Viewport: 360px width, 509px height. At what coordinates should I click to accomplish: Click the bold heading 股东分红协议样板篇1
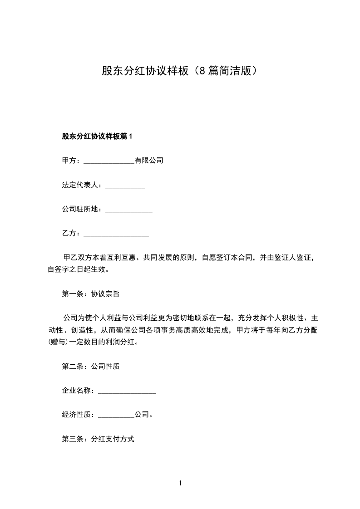97,136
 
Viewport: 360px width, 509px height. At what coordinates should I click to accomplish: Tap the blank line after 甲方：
109,161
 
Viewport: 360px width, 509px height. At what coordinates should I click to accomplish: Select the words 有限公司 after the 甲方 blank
149,161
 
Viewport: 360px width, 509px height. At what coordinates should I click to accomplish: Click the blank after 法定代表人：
125,186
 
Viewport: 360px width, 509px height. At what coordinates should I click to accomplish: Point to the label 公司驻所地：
83,210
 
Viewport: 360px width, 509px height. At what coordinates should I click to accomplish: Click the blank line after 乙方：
117,235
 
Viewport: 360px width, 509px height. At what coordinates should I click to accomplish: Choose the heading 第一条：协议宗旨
90,294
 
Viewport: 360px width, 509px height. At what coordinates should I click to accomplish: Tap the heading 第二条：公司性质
90,367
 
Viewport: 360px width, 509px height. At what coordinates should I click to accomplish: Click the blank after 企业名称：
127,392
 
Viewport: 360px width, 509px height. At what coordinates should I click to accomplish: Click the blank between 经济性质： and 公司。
116,416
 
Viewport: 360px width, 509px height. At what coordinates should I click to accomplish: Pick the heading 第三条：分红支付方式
98,439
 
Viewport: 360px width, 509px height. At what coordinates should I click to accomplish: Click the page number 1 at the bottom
180,483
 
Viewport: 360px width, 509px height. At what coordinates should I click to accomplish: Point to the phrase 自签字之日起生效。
77,269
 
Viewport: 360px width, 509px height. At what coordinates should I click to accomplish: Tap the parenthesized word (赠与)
58,343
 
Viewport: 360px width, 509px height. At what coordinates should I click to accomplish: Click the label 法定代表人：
83,185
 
